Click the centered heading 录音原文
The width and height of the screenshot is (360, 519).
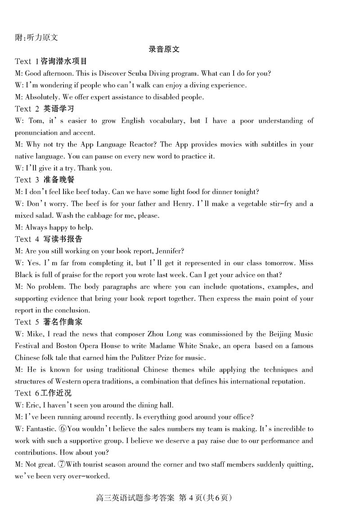click(x=164, y=50)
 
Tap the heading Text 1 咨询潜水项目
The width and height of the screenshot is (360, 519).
click(x=51, y=61)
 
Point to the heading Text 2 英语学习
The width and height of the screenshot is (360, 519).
click(x=44, y=108)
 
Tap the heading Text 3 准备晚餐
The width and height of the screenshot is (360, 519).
click(x=44, y=180)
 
